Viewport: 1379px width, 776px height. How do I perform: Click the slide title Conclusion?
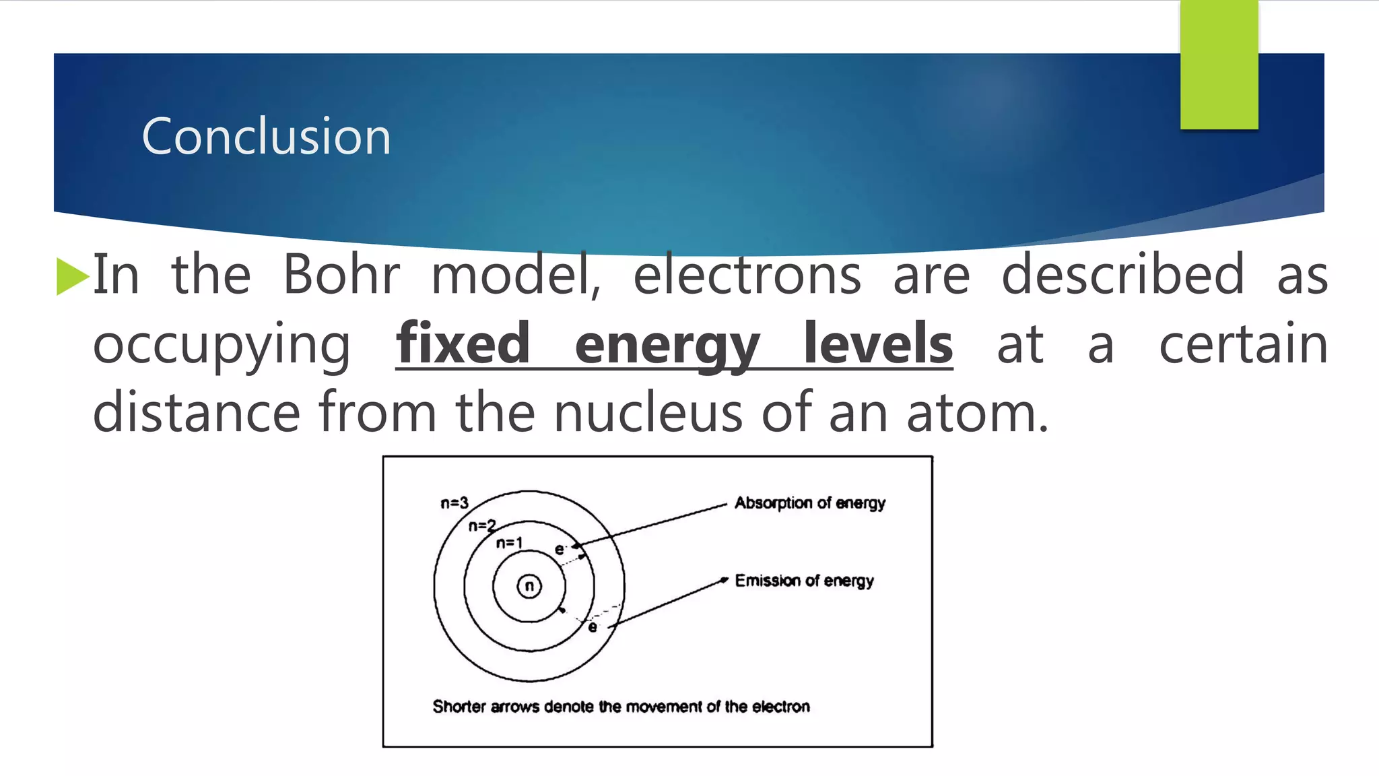point(266,136)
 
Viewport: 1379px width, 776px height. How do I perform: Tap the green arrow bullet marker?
point(72,276)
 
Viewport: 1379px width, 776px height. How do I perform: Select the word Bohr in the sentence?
point(341,275)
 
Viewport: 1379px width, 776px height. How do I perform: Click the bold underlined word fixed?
point(463,344)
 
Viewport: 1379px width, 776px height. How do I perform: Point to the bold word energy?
point(667,345)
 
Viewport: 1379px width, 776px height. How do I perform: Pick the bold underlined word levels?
point(878,344)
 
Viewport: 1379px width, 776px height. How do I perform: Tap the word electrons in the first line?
point(747,275)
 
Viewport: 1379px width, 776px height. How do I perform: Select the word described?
point(1122,275)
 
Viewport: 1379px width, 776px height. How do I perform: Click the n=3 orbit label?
point(455,503)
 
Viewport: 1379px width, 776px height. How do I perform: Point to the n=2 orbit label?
point(482,525)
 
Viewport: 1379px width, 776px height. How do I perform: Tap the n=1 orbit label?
point(509,543)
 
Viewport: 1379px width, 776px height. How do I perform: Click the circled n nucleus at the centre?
point(529,586)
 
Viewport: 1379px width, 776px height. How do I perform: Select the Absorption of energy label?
point(809,503)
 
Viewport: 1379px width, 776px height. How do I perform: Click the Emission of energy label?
point(804,581)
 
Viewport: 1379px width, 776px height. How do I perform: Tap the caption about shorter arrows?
point(621,707)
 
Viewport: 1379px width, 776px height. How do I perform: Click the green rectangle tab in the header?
point(1219,65)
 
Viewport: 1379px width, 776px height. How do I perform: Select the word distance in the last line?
point(196,412)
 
